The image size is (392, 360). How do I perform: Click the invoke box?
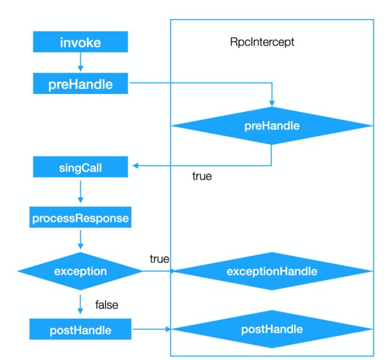(x=80, y=42)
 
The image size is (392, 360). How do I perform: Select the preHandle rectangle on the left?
(x=80, y=83)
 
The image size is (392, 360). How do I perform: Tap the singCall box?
(x=80, y=167)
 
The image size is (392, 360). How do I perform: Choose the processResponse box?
(x=80, y=217)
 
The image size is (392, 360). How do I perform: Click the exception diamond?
(x=80, y=271)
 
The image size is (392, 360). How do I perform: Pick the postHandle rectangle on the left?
(x=80, y=329)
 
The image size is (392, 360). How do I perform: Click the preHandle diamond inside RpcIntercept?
(x=272, y=125)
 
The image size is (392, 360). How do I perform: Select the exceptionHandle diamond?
(x=272, y=271)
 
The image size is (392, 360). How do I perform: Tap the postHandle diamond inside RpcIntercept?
(x=272, y=329)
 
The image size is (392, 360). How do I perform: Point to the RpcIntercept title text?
(x=262, y=42)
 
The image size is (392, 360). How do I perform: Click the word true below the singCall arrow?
(x=202, y=176)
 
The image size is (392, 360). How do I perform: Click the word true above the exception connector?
(x=159, y=259)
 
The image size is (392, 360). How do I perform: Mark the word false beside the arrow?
(x=107, y=305)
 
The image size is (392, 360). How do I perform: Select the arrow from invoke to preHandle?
(x=80, y=62)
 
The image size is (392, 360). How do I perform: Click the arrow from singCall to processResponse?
(x=80, y=192)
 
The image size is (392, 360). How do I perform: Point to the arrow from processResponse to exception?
(x=80, y=239)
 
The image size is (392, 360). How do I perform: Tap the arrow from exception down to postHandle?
(x=80, y=305)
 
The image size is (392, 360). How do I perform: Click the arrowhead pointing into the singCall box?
(x=136, y=165)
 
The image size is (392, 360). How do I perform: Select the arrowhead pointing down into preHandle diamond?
(x=272, y=104)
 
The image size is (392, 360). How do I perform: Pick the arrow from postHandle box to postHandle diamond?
(x=152, y=329)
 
